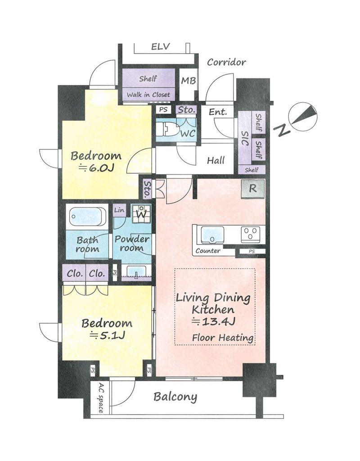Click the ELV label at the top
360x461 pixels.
point(161,47)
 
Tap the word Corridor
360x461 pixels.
point(226,62)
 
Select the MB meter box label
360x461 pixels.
point(189,81)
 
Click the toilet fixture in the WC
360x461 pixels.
point(167,129)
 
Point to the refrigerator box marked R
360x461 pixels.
point(253,189)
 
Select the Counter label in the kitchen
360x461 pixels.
point(208,251)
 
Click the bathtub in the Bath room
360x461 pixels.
point(87,217)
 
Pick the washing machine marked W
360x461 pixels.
point(141,213)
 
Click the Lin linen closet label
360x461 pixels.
point(119,210)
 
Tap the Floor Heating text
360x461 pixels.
point(223,338)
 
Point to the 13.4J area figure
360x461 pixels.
point(214,321)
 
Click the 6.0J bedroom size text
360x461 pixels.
point(96,167)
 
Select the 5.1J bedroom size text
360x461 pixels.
point(108,335)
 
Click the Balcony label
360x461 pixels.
point(175,397)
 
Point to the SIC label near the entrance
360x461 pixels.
point(245,138)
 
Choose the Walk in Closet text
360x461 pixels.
point(148,95)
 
